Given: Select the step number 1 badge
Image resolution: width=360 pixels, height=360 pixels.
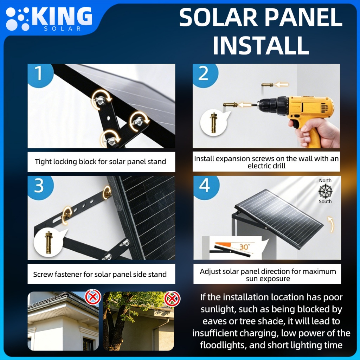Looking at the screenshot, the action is (x=39, y=73).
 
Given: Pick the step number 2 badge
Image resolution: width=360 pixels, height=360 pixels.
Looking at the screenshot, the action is (x=204, y=73).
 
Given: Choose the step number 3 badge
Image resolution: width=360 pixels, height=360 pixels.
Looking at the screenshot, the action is (x=39, y=186).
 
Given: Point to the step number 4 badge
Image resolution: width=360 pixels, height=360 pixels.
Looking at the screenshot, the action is (x=205, y=186).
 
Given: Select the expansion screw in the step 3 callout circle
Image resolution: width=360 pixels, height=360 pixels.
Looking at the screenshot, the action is (x=48, y=242).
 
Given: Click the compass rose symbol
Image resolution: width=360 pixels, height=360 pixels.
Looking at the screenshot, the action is (x=325, y=191).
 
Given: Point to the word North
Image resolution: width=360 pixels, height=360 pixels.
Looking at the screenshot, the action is (x=325, y=180).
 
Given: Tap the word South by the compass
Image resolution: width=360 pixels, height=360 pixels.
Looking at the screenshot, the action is (x=325, y=201).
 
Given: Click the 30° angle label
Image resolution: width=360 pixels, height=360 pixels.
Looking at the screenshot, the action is (x=245, y=247).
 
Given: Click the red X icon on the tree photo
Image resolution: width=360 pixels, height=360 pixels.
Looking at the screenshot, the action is (x=172, y=299).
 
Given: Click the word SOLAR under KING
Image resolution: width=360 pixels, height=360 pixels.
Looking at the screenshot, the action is (x=62, y=29).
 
